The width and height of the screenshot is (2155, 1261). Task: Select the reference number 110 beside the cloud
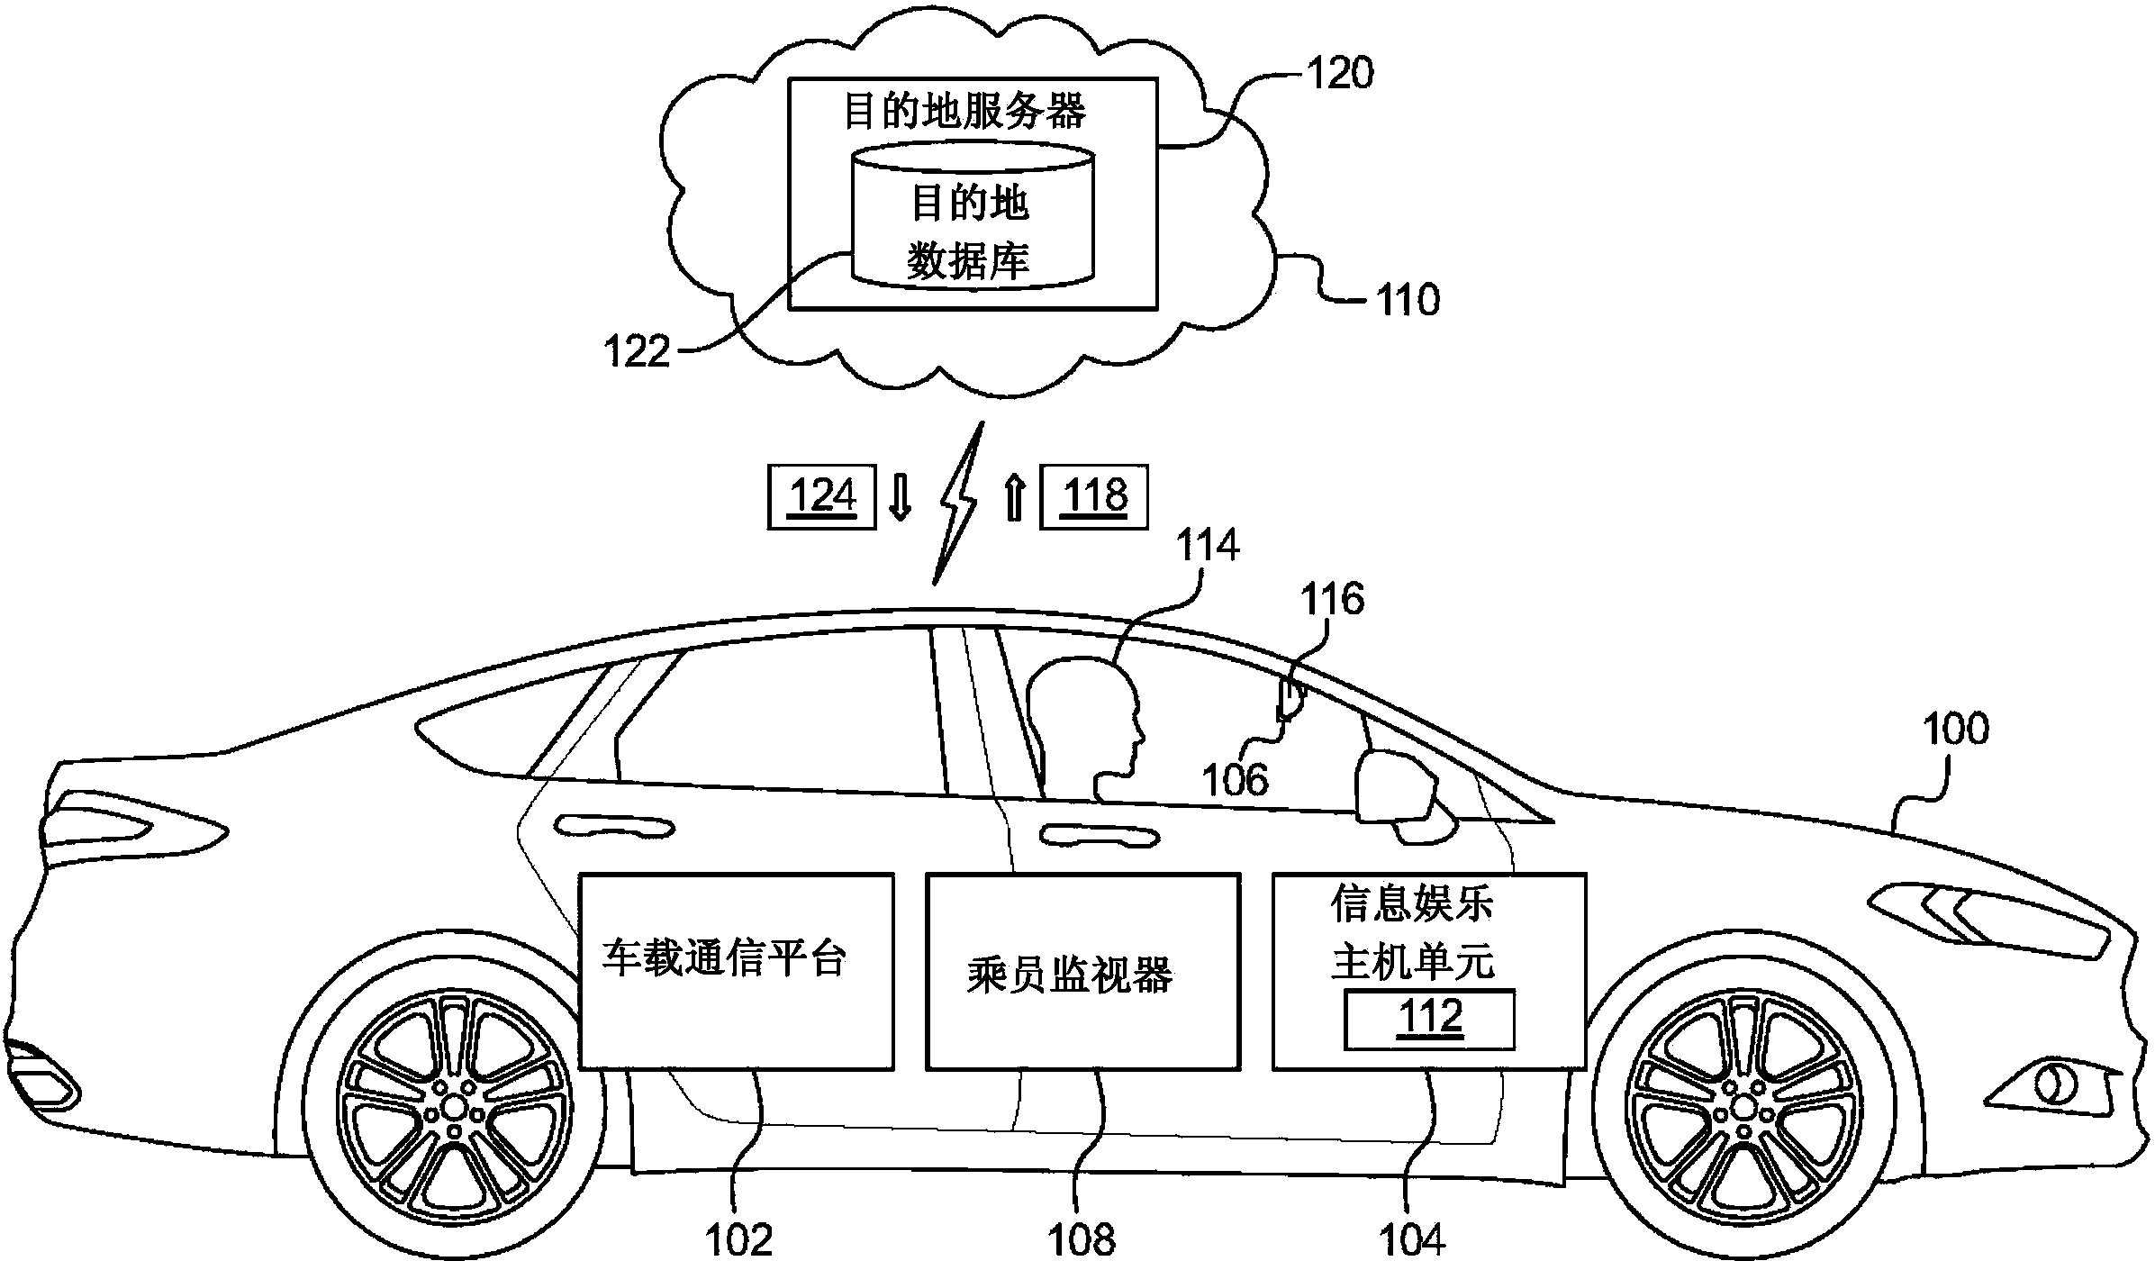click(1408, 300)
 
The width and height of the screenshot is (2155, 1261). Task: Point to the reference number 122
click(638, 351)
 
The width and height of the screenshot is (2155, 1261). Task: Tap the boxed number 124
click(821, 496)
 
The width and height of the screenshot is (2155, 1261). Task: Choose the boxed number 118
click(1094, 496)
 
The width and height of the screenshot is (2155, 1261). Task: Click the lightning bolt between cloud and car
click(956, 504)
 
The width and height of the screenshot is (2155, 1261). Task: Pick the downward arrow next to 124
click(900, 498)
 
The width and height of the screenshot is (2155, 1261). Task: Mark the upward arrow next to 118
click(1015, 498)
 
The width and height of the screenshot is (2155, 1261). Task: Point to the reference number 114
click(1209, 546)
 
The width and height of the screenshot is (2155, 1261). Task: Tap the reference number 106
click(1236, 780)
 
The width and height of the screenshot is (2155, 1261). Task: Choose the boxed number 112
click(1430, 1019)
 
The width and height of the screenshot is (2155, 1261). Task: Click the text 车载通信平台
click(725, 958)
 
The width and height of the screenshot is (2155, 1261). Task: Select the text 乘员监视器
click(1070, 975)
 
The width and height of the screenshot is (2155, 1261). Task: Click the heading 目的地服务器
click(965, 112)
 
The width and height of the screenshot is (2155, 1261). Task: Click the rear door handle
click(614, 826)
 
